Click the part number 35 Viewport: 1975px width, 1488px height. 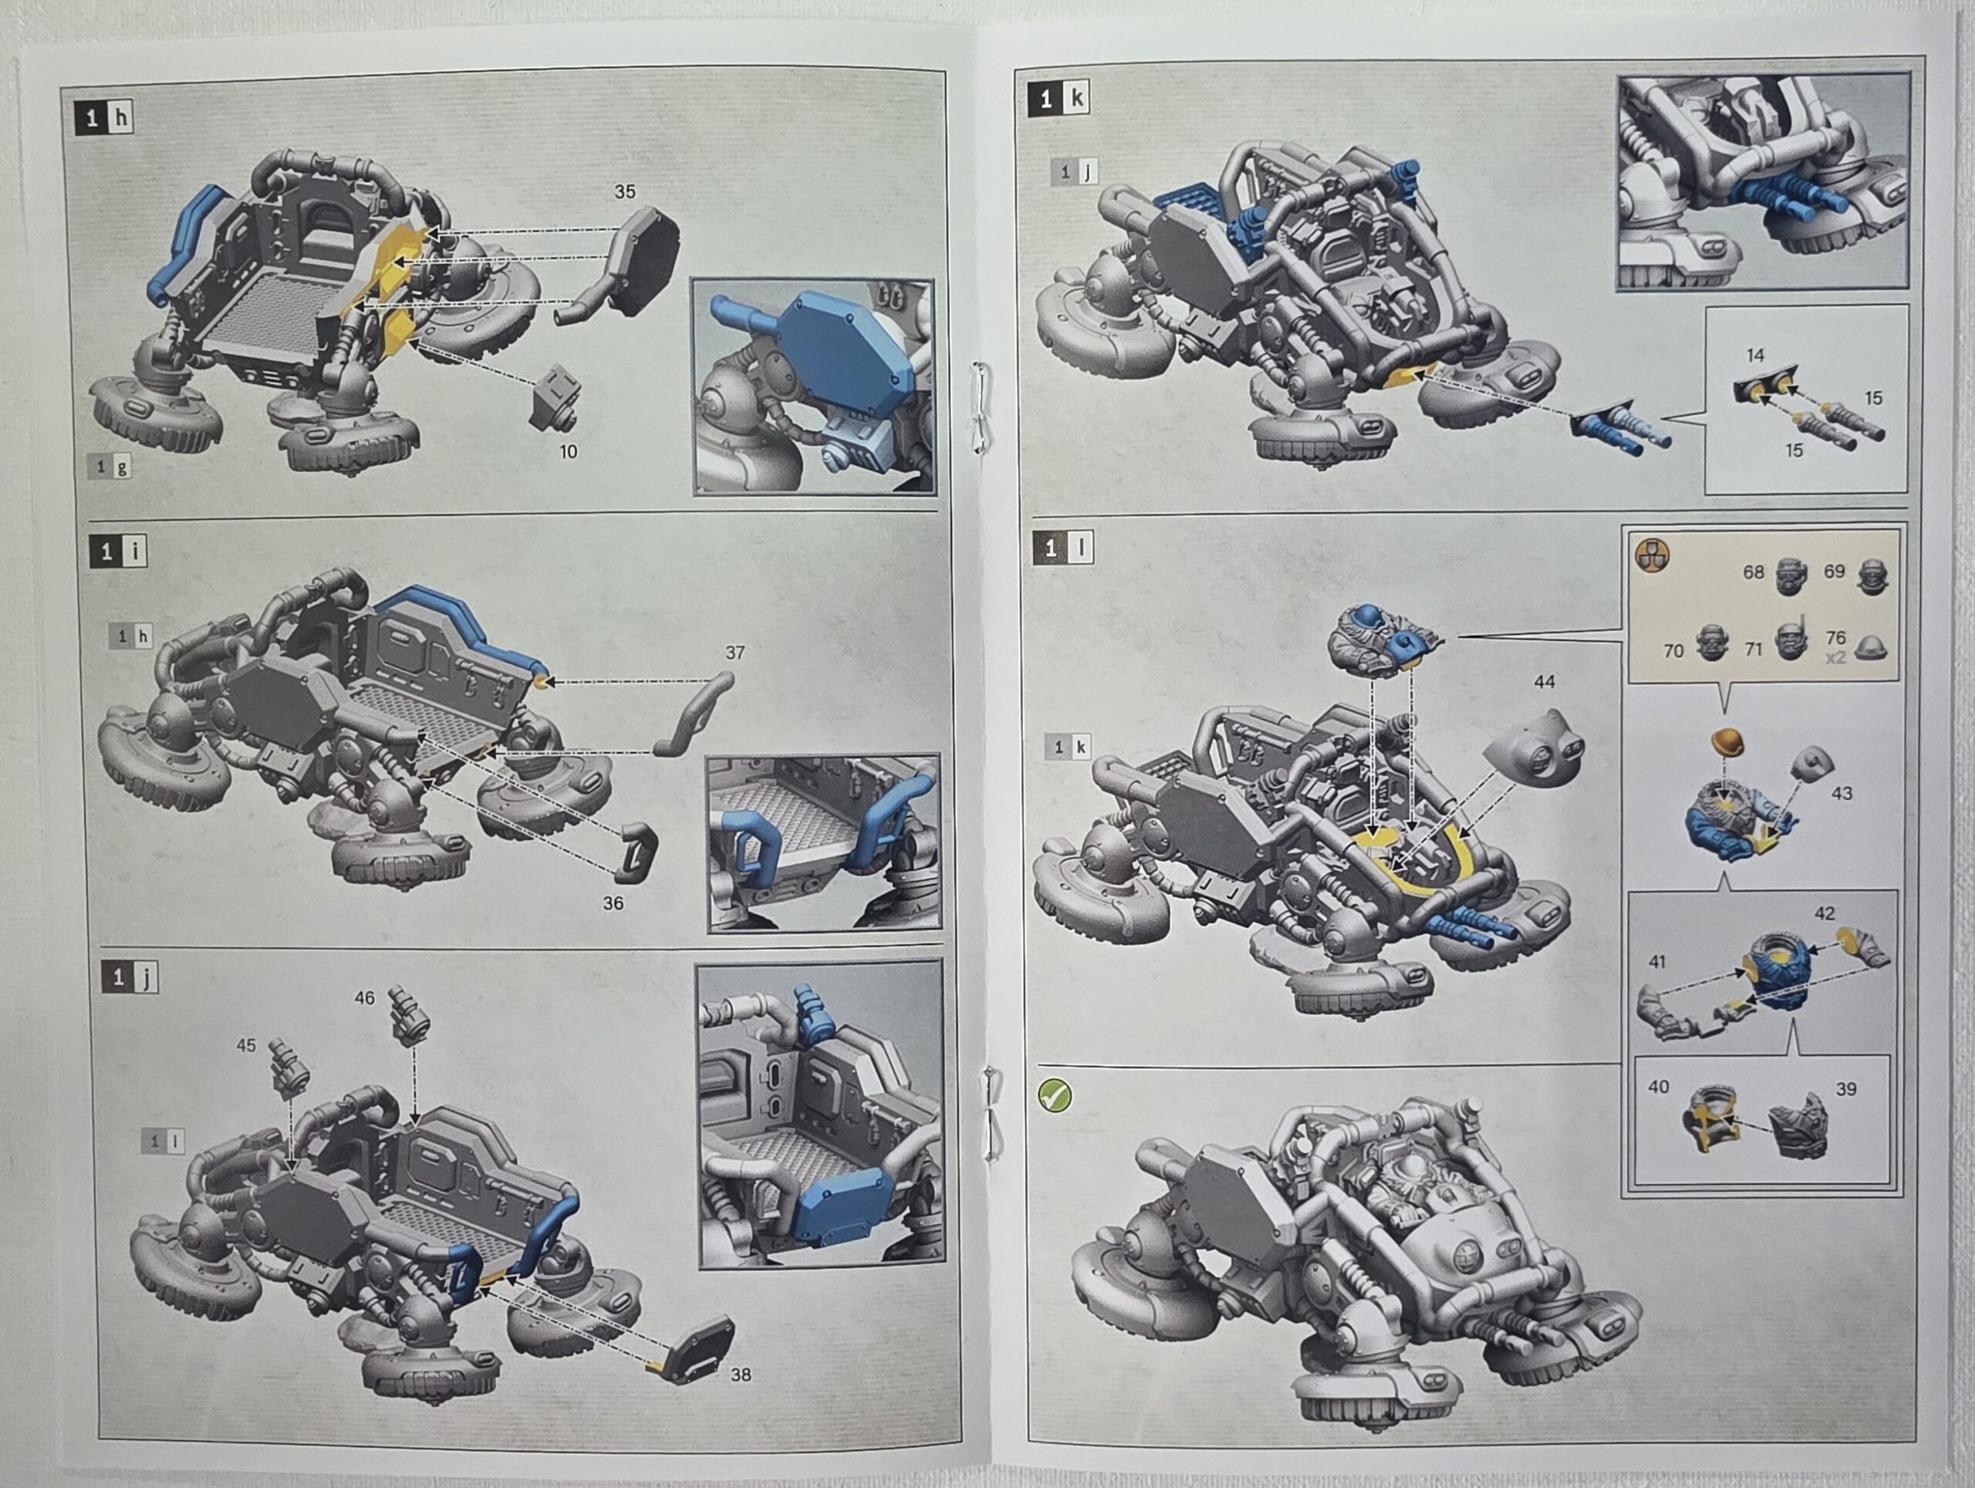click(x=624, y=192)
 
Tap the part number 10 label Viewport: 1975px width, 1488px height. click(x=568, y=452)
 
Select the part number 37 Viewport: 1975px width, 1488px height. click(x=734, y=653)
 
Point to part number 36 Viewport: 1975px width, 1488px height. click(x=613, y=903)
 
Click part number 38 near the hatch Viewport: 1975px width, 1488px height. click(x=740, y=1375)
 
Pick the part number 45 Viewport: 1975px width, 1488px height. click(x=245, y=1045)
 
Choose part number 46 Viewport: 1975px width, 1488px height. click(x=364, y=998)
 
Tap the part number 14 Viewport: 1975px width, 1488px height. click(x=1755, y=356)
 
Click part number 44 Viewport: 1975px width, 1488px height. click(x=1544, y=682)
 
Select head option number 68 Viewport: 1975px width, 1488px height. click(x=1754, y=572)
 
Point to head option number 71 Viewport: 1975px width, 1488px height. click(x=1754, y=649)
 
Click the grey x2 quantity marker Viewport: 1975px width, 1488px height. click(x=1835, y=658)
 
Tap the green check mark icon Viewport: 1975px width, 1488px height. click(x=1055, y=1095)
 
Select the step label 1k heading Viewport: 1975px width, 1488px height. click(x=1061, y=98)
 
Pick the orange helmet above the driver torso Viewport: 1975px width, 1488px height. click(x=1727, y=742)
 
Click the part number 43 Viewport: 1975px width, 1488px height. click(x=1841, y=793)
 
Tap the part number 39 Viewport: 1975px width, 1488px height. click(x=1845, y=1089)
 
